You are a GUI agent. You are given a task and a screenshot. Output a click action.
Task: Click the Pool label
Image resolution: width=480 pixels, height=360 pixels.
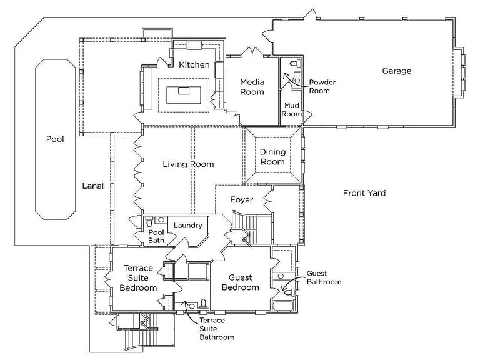55,139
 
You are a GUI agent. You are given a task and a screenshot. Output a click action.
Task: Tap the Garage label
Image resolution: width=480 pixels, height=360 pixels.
397,71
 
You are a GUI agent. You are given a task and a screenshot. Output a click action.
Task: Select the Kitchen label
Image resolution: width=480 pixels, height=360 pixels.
194,65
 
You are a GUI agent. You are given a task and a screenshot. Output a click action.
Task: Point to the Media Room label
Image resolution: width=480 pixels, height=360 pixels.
252,87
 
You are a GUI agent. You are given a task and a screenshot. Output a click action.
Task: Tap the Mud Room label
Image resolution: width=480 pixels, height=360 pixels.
292,109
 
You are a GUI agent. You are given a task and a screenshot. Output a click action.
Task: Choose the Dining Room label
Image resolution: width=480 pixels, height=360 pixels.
272,157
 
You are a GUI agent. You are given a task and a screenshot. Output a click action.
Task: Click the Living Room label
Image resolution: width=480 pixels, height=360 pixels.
188,164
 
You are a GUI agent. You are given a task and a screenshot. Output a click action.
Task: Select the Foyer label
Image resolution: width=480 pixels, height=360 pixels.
241,200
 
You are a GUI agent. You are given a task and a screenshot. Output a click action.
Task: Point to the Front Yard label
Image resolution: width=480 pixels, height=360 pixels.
364,193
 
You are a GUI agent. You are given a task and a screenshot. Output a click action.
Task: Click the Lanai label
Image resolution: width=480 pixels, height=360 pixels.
92,186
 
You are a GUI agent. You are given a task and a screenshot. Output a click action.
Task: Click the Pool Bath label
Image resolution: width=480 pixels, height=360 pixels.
156,236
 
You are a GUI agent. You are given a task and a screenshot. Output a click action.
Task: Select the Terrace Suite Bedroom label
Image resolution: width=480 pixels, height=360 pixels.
139,278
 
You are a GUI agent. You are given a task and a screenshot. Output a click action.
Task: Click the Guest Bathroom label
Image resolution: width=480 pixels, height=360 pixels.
324,277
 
